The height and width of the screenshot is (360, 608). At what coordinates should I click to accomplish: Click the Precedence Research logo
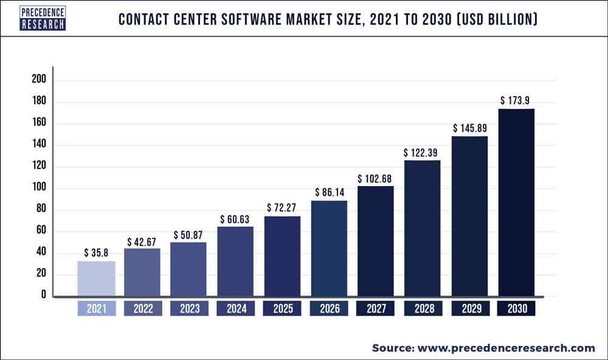[43, 18]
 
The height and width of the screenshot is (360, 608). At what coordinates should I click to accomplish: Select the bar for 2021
[96, 279]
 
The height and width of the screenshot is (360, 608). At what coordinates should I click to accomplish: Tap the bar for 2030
[516, 203]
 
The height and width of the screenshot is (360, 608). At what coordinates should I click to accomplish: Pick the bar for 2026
[329, 249]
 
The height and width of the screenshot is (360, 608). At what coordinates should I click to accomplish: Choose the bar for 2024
[235, 262]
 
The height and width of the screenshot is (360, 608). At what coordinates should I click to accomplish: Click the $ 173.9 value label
[516, 100]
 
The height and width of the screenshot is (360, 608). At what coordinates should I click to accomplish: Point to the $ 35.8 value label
[96, 252]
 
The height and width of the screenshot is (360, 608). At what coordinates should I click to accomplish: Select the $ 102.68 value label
[375, 178]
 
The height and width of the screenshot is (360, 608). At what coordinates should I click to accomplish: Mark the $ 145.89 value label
[470, 128]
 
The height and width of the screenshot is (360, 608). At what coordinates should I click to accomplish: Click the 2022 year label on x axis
[143, 309]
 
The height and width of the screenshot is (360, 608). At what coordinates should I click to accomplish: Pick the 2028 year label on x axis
[423, 309]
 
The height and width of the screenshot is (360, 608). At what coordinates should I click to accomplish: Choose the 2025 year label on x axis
[282, 309]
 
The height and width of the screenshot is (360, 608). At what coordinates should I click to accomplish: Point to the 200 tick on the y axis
[38, 81]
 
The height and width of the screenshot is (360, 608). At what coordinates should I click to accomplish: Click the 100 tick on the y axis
[38, 189]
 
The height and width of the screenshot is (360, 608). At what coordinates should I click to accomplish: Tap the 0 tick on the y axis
[43, 296]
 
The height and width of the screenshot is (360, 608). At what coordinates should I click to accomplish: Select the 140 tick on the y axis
[38, 145]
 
